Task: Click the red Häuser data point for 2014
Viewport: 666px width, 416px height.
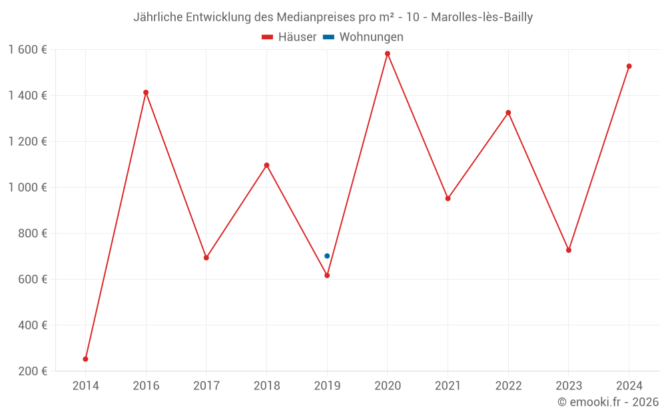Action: pos(85,359)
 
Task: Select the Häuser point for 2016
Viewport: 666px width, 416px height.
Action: pos(146,93)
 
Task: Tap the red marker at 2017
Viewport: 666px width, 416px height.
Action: pos(206,258)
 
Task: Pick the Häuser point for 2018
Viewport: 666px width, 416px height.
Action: pos(266,165)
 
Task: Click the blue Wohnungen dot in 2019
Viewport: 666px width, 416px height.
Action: pos(327,256)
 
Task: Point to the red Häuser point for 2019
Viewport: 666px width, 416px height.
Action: pos(327,276)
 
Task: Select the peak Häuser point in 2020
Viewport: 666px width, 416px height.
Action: pos(388,54)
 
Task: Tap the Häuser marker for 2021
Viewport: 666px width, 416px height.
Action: pos(448,198)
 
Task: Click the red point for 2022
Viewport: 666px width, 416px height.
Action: pos(508,112)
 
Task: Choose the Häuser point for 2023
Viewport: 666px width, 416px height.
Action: pos(569,250)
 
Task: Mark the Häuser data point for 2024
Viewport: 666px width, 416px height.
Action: pos(629,67)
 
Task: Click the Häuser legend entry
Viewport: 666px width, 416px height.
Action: pos(289,37)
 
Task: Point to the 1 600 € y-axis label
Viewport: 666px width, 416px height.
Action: pos(27,50)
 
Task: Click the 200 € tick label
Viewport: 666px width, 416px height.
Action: pos(33,371)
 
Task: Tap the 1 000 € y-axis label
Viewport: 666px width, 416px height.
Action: pos(27,188)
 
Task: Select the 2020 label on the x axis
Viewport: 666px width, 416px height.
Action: pos(388,386)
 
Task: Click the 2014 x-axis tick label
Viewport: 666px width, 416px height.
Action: pos(85,386)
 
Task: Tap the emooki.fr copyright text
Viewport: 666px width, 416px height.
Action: pos(608,402)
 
